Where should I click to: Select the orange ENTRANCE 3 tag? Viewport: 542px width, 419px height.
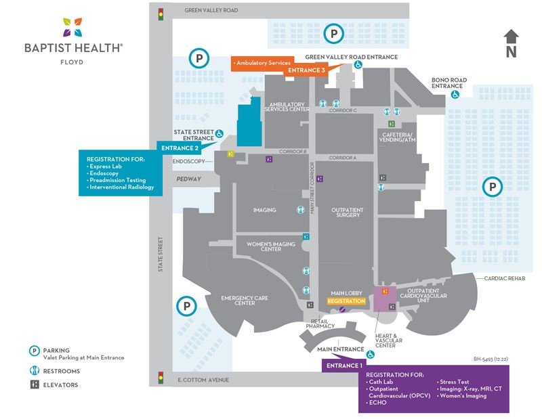pos(306,70)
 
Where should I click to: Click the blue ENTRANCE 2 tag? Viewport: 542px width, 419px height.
pos(178,148)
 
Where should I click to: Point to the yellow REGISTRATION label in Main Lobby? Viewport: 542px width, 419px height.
pos(346,301)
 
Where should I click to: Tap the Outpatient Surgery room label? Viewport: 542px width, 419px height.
pos(348,213)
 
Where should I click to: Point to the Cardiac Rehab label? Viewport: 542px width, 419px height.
pos(505,278)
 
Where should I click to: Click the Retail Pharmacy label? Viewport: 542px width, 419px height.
pos(319,324)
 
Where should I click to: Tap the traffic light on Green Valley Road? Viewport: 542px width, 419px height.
pos(161,13)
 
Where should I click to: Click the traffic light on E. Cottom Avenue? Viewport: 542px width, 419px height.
pos(161,377)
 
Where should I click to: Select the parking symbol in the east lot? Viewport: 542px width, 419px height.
pos(493,185)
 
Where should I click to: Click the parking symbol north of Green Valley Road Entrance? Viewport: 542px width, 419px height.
pos(333,31)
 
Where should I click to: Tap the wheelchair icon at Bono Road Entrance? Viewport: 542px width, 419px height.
pos(455,95)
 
